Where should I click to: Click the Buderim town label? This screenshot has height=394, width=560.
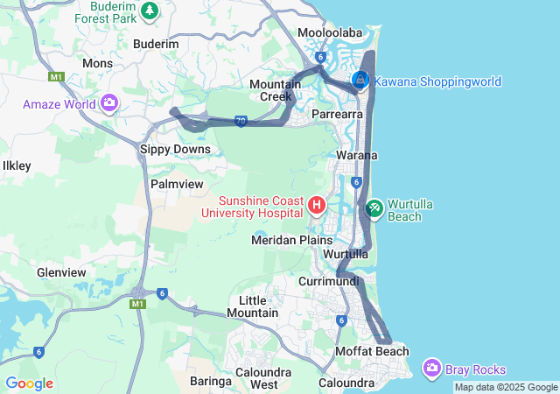click(156, 44)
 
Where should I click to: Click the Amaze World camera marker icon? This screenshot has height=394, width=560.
click(109, 104)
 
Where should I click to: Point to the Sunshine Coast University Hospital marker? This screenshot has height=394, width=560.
click(317, 207)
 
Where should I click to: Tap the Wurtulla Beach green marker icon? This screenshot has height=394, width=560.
click(374, 208)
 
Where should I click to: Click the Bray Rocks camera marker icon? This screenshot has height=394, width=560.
click(431, 369)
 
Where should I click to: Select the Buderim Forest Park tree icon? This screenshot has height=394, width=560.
click(150, 11)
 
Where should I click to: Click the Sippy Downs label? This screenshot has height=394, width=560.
click(175, 149)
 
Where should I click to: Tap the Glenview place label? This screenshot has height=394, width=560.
click(61, 272)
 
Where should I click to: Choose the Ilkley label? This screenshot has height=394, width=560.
click(17, 165)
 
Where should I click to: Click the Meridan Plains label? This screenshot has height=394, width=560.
click(291, 239)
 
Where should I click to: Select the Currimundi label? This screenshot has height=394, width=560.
click(330, 282)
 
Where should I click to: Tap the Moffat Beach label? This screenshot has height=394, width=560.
click(372, 351)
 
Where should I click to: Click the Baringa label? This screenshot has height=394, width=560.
click(210, 381)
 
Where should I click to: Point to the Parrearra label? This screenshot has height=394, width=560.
click(338, 114)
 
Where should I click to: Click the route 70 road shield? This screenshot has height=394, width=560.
click(240, 120)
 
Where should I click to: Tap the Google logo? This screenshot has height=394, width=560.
click(28, 383)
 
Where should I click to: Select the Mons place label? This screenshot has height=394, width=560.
click(97, 63)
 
